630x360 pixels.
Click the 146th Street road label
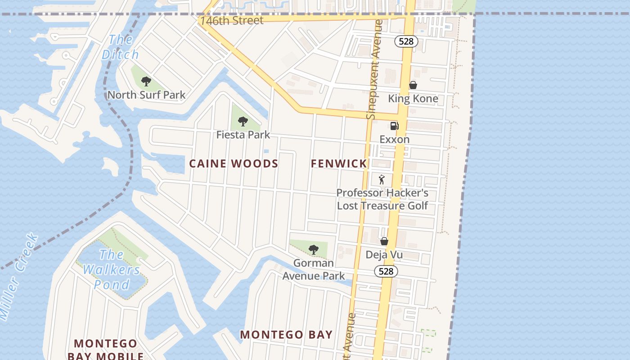(x=232, y=20)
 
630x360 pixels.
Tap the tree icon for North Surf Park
(x=146, y=81)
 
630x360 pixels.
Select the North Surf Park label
(x=146, y=95)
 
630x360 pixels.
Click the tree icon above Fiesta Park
(x=243, y=121)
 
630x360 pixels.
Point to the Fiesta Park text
(x=243, y=135)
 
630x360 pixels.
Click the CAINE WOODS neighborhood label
(x=234, y=164)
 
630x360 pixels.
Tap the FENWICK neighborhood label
(x=339, y=164)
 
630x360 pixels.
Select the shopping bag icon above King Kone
(x=413, y=85)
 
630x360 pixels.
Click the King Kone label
(x=413, y=99)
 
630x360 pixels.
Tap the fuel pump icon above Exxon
(x=394, y=126)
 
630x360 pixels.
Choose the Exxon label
(x=394, y=139)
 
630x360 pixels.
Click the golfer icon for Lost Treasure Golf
(x=382, y=180)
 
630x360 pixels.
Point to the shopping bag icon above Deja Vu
(x=384, y=242)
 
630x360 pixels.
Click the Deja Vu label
(x=384, y=255)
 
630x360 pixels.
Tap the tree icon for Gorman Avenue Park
(x=314, y=249)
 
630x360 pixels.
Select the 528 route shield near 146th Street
(x=406, y=41)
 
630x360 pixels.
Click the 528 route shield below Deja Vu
(x=386, y=271)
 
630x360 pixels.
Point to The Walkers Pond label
(x=111, y=270)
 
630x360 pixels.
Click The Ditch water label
(x=120, y=47)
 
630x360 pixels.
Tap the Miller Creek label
(x=18, y=277)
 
